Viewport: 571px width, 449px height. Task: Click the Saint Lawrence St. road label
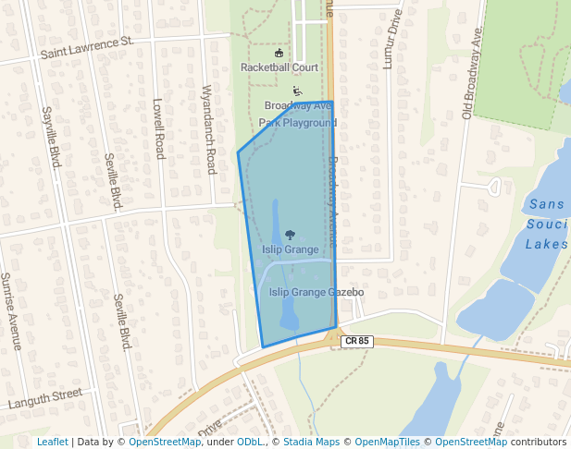[87, 46]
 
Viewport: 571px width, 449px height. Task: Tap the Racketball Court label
[279, 67]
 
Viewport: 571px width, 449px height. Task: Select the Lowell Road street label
[158, 129]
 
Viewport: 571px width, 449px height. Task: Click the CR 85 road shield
[355, 342]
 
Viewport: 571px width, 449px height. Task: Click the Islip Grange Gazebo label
[317, 293]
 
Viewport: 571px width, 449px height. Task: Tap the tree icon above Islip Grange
[290, 236]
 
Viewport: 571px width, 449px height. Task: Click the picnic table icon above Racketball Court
[279, 53]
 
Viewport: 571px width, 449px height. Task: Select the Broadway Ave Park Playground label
[297, 114]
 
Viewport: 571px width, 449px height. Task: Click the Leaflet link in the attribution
[52, 442]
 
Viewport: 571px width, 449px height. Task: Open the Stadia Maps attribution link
[311, 442]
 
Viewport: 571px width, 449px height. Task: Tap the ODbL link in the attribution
[250, 442]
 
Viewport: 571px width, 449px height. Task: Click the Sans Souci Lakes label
[546, 224]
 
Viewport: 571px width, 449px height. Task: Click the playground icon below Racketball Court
[296, 91]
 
